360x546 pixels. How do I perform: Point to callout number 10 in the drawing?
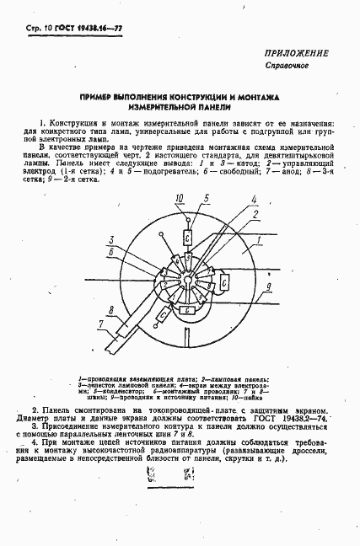click(178, 200)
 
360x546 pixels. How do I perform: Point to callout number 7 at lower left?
click(75, 322)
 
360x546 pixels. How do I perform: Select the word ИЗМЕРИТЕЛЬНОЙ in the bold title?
click(180, 109)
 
